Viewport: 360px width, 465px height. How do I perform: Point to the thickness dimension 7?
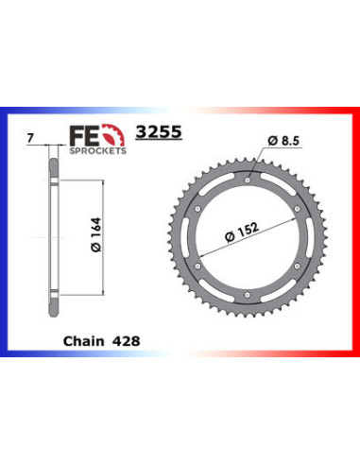tap(33, 138)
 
